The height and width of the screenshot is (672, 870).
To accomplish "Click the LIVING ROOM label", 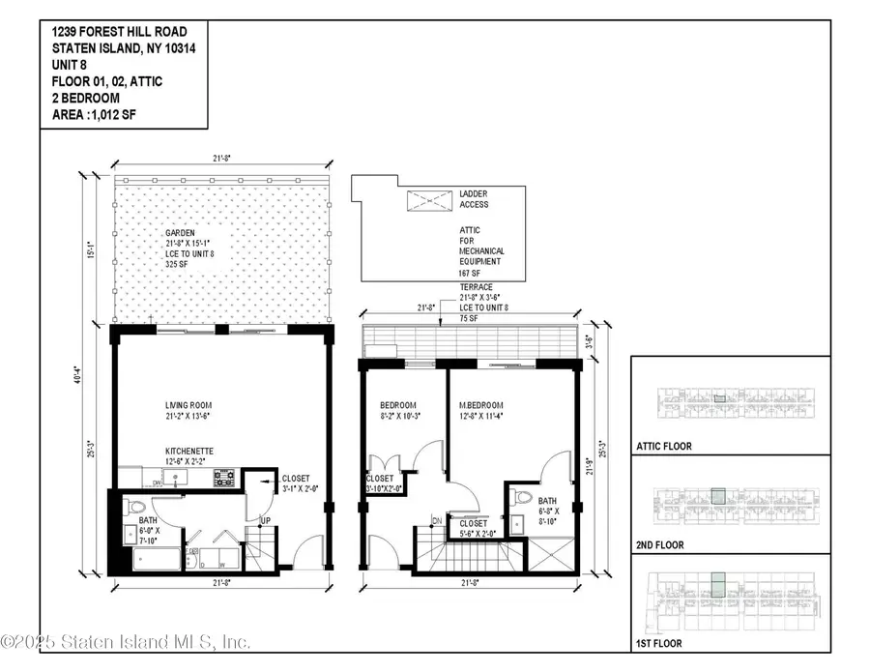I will point(188,405).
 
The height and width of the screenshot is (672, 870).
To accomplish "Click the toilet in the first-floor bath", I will point(135,507).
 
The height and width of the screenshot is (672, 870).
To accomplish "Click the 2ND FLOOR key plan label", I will point(660,545).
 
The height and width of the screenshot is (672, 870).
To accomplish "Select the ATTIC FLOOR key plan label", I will point(665,447).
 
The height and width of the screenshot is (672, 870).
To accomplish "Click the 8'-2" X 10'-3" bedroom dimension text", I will point(397,417).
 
